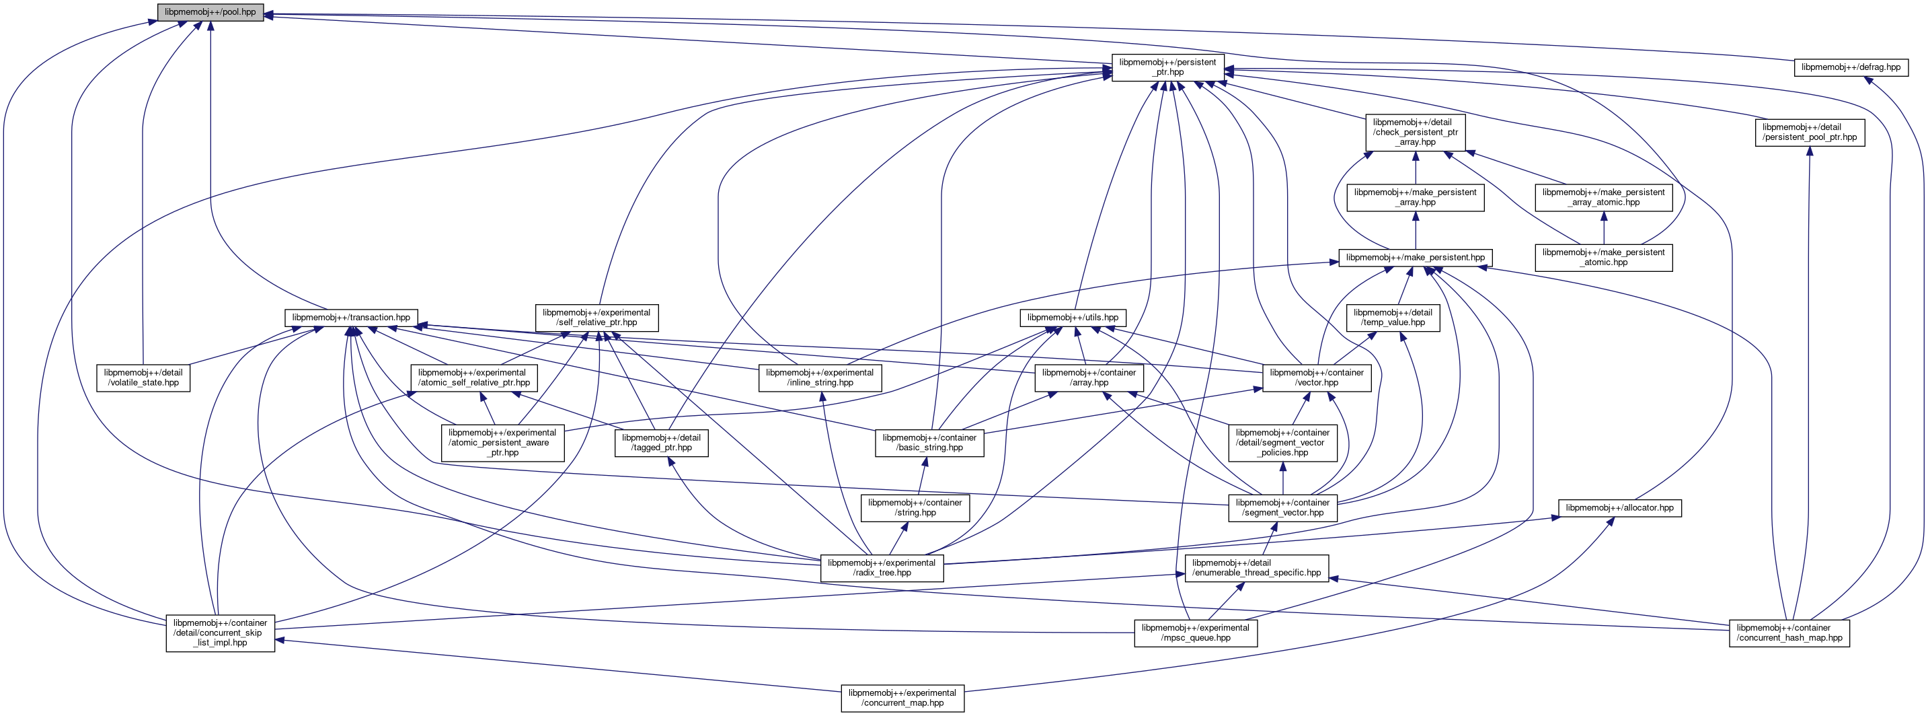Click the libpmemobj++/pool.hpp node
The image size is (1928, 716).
[210, 13]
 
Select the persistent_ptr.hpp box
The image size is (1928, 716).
[1167, 67]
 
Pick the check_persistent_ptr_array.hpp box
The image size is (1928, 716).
[1415, 132]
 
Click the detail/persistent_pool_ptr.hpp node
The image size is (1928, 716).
[1809, 132]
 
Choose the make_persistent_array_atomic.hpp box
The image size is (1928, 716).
[1603, 197]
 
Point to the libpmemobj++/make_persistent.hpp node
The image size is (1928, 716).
[1416, 258]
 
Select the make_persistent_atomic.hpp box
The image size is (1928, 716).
[1603, 258]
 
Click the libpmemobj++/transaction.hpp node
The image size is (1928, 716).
[351, 318]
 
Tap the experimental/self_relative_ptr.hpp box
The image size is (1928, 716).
[596, 318]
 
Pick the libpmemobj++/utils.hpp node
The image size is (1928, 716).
[1073, 318]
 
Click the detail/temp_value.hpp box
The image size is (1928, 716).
[1392, 318]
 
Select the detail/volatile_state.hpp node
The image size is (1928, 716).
[143, 378]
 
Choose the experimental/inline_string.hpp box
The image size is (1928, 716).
[820, 378]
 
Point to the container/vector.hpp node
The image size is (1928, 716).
[1317, 378]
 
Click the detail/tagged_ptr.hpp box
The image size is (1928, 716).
[661, 443]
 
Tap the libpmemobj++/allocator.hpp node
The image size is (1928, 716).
[1619, 508]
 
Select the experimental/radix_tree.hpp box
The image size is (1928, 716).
[882, 568]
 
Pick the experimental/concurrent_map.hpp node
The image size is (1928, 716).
[902, 698]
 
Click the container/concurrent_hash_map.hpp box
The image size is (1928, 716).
[1789, 633]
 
